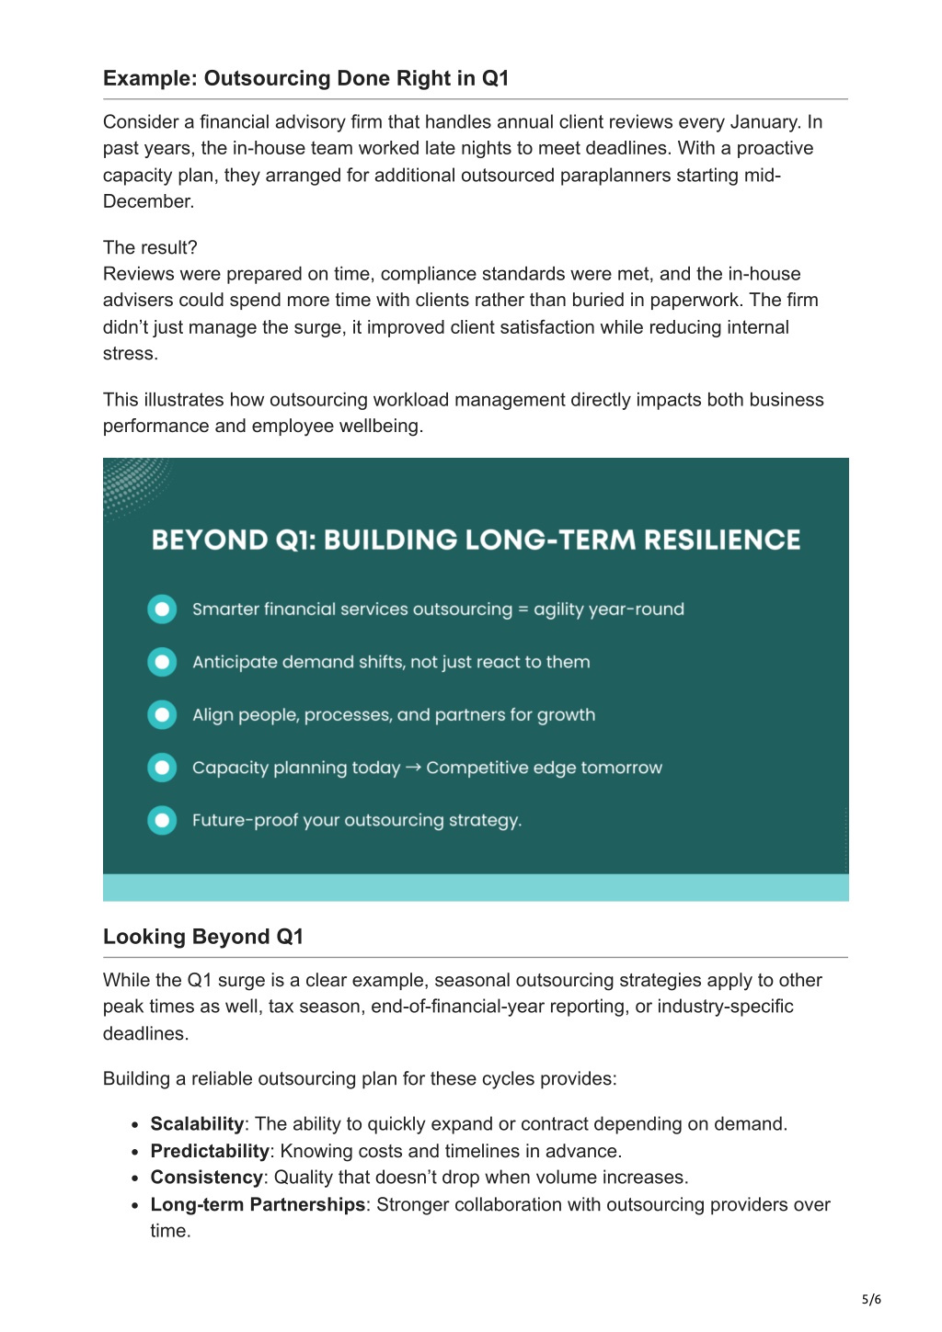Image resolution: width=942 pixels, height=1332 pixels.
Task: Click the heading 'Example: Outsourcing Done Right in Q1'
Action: (x=305, y=78)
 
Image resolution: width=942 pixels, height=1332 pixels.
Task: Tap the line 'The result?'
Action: (x=150, y=247)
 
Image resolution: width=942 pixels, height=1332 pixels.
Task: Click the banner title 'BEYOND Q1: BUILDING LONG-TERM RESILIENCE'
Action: (x=476, y=540)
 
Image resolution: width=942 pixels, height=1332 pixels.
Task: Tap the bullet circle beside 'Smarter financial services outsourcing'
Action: (x=162, y=609)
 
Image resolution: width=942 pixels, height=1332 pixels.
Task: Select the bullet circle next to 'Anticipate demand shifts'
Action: (x=162, y=662)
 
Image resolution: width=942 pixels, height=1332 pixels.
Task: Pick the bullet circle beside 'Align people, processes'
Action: (x=162, y=715)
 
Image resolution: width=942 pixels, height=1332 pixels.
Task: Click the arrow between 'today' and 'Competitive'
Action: (x=413, y=768)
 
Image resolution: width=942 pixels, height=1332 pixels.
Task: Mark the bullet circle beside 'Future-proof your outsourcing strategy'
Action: (x=162, y=820)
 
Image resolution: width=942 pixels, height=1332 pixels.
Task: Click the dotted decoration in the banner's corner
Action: (x=133, y=484)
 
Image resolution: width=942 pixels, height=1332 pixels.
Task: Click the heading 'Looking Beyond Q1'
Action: (x=203, y=937)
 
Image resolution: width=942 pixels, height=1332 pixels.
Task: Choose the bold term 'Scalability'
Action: (x=197, y=1124)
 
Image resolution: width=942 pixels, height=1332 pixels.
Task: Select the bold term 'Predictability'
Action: (x=210, y=1151)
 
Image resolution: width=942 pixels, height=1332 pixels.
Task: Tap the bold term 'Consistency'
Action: (x=206, y=1178)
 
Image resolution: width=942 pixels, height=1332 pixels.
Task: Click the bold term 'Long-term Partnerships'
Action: (x=258, y=1204)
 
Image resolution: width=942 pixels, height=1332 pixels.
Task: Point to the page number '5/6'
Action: (x=871, y=1299)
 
